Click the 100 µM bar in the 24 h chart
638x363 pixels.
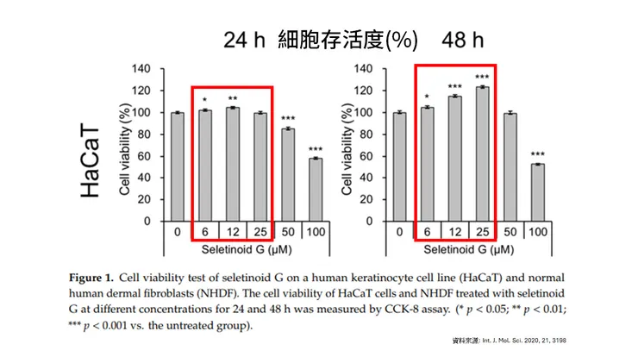click(x=316, y=190)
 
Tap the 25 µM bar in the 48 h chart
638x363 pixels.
click(x=483, y=154)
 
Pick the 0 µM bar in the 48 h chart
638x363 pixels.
click(x=399, y=166)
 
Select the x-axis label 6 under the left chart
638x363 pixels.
click(x=205, y=232)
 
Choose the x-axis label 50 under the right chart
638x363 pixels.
click(x=510, y=232)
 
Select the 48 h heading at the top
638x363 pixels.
click(x=462, y=41)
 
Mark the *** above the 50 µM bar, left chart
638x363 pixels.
click(x=288, y=118)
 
